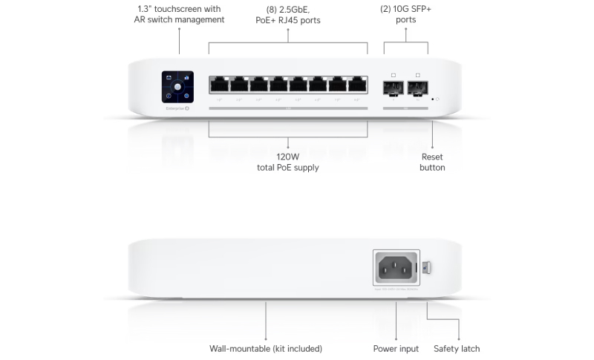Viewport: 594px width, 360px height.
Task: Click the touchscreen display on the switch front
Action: click(x=178, y=87)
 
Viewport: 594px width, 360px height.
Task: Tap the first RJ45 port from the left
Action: click(x=219, y=84)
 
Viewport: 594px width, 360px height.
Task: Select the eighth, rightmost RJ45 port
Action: click(x=358, y=84)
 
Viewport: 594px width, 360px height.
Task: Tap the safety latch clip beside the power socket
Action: click(x=426, y=266)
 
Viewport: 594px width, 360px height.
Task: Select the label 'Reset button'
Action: click(x=432, y=162)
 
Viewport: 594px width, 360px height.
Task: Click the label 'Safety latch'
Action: click(x=457, y=348)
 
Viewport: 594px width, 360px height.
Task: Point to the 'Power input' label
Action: click(x=396, y=348)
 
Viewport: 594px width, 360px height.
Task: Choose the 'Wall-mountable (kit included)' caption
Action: click(x=266, y=348)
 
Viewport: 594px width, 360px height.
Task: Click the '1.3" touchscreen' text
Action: click(x=180, y=8)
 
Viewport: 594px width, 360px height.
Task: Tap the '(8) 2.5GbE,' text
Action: click(x=288, y=10)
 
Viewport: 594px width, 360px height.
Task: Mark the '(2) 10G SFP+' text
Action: click(x=405, y=8)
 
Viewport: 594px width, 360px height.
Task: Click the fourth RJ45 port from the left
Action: click(x=278, y=84)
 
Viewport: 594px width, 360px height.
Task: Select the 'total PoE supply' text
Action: click(x=288, y=168)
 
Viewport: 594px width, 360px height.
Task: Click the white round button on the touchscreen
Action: click(x=178, y=87)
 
